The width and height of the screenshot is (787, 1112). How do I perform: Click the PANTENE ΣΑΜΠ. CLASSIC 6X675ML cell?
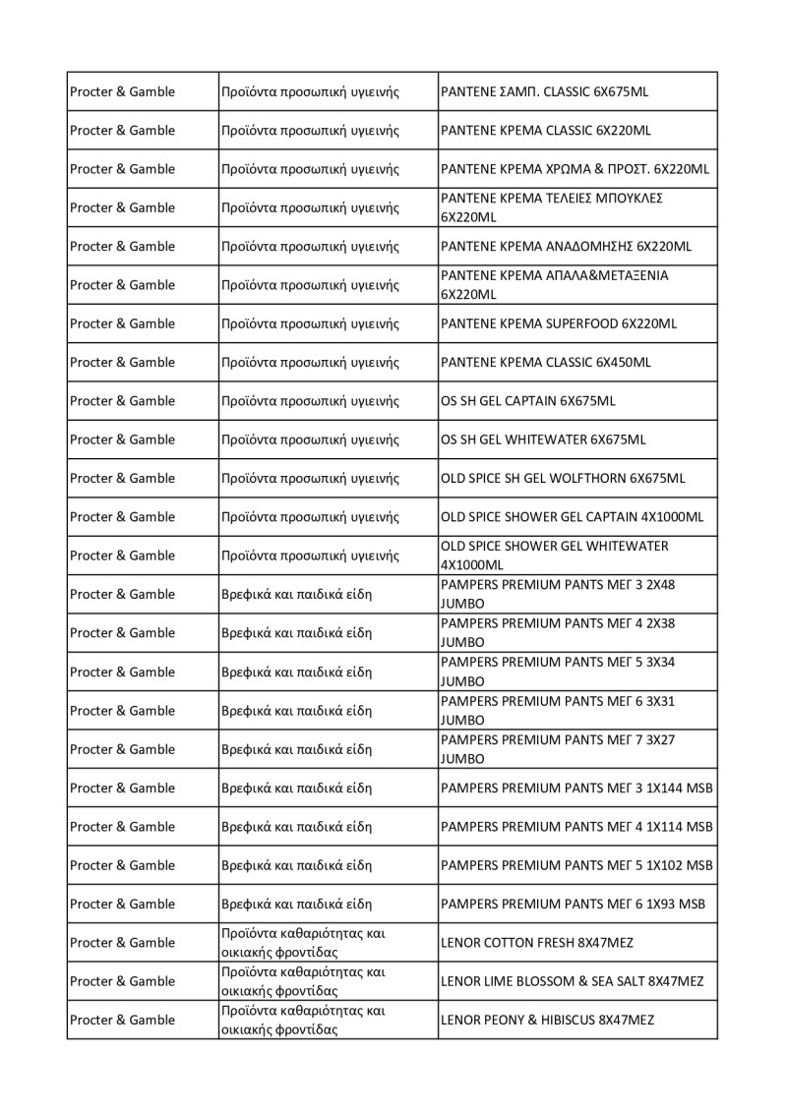[545, 91]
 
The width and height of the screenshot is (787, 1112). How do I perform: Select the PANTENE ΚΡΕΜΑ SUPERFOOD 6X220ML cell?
[559, 323]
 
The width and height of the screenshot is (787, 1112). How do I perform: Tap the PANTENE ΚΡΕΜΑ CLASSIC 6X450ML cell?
[546, 362]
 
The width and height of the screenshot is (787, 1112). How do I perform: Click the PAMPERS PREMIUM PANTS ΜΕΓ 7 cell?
[558, 749]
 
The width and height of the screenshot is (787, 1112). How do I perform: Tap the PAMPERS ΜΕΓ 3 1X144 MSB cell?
[576, 788]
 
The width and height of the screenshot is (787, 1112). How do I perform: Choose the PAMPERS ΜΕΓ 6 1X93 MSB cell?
[573, 904]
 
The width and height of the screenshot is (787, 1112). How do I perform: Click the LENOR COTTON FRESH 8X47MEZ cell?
[537, 942]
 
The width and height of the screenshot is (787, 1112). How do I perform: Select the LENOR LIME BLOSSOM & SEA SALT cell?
[573, 981]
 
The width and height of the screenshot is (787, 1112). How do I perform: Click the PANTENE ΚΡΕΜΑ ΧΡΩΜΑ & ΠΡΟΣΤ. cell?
[575, 169]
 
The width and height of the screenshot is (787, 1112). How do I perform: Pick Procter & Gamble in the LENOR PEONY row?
[122, 1020]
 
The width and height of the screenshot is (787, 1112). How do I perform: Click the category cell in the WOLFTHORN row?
[310, 478]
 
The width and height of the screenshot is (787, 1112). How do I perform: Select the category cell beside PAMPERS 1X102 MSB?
[296, 865]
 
